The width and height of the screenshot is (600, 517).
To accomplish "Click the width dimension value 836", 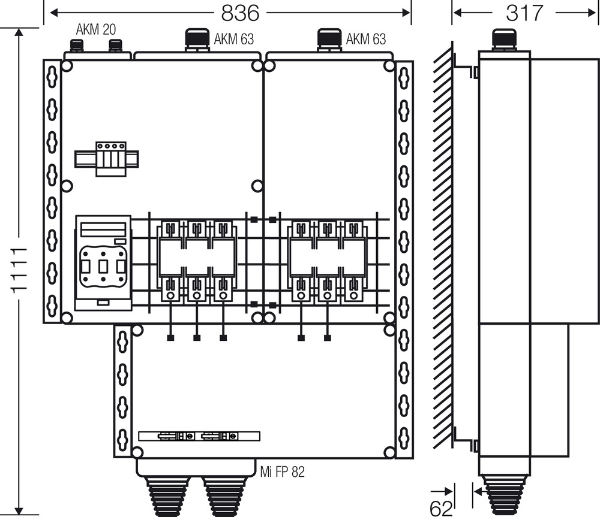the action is (240, 13).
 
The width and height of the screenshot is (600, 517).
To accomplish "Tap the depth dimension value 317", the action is (524, 13).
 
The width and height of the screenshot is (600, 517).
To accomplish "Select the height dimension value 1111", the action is (19, 271).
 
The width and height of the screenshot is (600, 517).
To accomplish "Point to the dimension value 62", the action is (441, 508).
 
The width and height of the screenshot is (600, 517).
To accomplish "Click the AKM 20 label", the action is (95, 29).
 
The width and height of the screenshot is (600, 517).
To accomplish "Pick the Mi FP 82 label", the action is (283, 472).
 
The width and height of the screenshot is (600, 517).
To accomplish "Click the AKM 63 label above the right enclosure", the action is (366, 39).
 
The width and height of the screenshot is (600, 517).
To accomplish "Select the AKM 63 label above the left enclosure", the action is (233, 39).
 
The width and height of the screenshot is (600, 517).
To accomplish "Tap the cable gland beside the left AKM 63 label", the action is (197, 40).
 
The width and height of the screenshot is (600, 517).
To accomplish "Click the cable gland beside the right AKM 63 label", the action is (329, 40).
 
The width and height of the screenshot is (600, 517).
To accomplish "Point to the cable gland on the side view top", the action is (504, 40).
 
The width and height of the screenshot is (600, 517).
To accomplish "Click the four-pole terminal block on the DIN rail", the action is (111, 159).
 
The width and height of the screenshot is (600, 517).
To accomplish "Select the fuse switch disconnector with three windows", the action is (103, 263).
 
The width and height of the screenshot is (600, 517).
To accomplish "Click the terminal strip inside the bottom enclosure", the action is (199, 436).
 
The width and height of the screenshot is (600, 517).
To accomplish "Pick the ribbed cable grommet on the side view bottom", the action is (504, 495).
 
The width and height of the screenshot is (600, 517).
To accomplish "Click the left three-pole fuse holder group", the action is (197, 261).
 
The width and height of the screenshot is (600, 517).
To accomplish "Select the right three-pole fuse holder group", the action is (327, 261).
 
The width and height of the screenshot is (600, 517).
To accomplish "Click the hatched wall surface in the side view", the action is (443, 244).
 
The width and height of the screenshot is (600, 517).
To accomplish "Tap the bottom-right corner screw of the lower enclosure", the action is (389, 452).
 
